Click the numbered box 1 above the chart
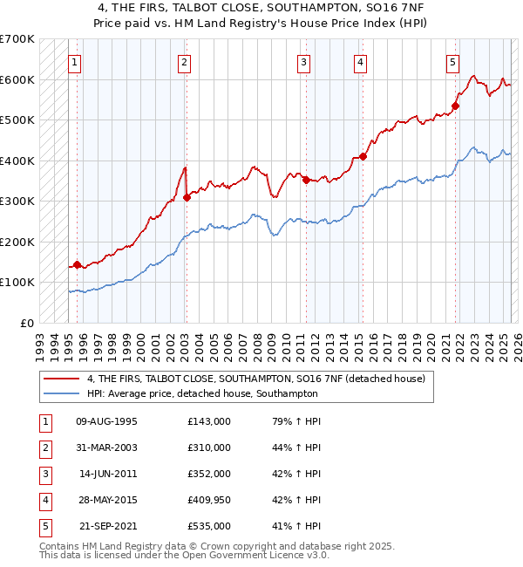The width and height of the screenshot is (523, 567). click(76, 62)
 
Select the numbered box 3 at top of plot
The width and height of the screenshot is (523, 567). click(303, 62)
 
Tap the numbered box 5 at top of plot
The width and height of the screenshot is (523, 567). click(453, 62)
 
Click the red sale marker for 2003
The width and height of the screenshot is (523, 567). click(187, 198)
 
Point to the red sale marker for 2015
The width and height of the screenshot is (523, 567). click(363, 157)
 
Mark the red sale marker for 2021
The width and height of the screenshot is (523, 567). click(455, 106)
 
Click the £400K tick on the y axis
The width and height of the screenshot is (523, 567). click(17, 161)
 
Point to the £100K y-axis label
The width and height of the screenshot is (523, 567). click(17, 282)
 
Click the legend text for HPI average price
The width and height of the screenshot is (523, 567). click(202, 393)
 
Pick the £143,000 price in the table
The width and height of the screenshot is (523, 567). click(209, 421)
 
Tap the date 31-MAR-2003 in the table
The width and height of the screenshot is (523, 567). click(107, 447)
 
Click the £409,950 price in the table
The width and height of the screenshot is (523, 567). click(209, 500)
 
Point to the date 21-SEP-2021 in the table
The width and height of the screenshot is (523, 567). click(107, 526)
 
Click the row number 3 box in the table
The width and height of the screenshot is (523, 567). click(44, 474)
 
